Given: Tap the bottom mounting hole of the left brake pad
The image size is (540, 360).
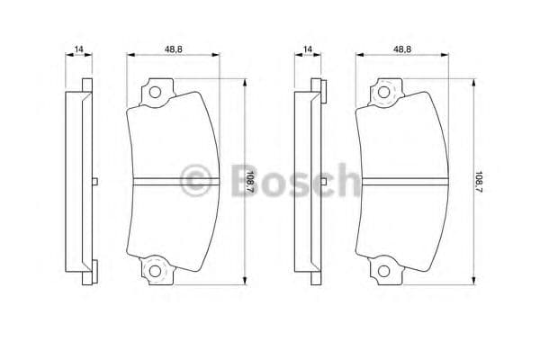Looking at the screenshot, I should (x=154, y=272).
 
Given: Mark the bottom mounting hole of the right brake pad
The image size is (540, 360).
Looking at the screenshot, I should (x=384, y=272).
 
